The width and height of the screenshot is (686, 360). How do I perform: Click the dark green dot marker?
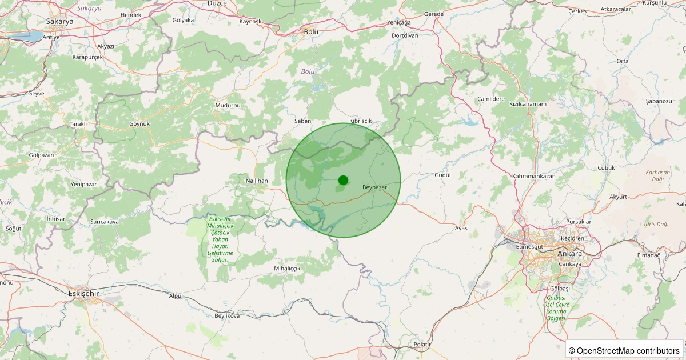343,180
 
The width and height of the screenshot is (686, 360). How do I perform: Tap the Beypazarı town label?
376,187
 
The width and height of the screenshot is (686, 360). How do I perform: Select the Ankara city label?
569,254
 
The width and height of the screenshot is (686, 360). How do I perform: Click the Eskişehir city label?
83,293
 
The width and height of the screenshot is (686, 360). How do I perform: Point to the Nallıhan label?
257,181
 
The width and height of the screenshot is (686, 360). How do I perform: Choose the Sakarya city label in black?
59,21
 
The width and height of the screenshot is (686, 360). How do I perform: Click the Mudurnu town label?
228,106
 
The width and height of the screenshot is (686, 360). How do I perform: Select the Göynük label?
139,123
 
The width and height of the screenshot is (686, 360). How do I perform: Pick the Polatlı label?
422,345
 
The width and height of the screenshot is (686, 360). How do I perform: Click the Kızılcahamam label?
528,105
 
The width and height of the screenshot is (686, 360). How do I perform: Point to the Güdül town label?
443,175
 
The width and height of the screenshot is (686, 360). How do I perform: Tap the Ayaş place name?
461,229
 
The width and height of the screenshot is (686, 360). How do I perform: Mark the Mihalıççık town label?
288,268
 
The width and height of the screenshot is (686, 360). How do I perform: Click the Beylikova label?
227,315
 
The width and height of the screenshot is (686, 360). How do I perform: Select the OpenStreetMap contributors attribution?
624,350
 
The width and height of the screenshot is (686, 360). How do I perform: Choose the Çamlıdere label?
491,99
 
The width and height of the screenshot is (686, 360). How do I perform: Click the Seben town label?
302,121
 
